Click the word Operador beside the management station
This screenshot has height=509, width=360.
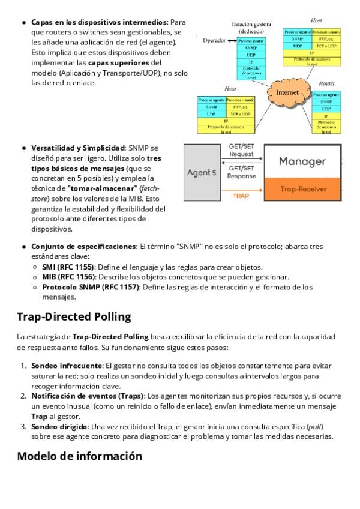coord(214,41)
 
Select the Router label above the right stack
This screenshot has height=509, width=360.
coord(327,83)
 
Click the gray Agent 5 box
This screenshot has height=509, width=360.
coord(202,172)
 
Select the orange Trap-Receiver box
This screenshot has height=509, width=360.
coord(302,189)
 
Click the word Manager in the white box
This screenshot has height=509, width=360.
coord(302,161)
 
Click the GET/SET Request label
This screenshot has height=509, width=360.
coord(241,150)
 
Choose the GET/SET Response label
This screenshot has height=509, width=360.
coord(241,172)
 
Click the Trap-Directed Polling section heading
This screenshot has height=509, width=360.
coord(74,316)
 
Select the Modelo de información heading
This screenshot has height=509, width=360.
coord(79,456)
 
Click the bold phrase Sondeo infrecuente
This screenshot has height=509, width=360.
coord(66,365)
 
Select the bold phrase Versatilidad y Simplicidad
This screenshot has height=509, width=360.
coord(78,148)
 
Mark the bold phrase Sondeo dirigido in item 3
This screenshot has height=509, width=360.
coord(59,426)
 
